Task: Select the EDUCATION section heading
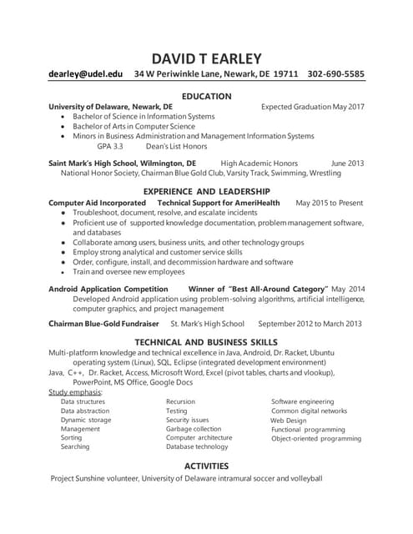[206, 96]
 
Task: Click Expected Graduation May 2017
[313, 108]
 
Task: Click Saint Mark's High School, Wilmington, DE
[123, 163]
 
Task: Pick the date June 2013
[348, 163]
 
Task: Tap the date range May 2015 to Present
[330, 203]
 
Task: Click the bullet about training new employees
[129, 272]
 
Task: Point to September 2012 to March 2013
[310, 324]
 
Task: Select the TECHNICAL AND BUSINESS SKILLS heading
[206, 342]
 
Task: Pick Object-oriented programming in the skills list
[316, 438]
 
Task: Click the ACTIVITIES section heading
[206, 466]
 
